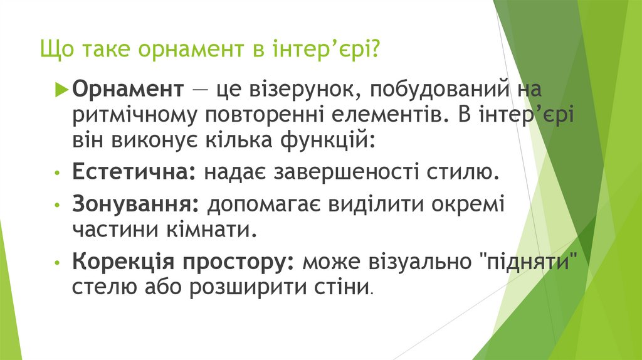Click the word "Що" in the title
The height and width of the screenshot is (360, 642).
[x=54, y=49]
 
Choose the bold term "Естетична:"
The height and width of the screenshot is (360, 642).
[x=134, y=171]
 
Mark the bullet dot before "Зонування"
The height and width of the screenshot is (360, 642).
[x=58, y=206]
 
